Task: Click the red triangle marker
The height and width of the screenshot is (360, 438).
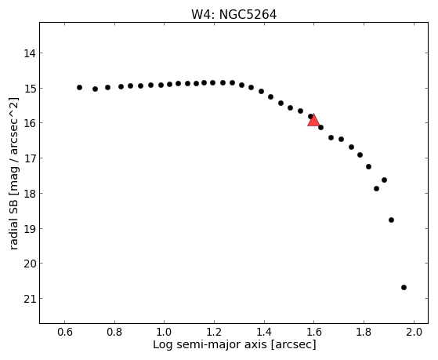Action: tap(313, 121)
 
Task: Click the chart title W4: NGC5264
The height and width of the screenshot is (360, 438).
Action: tap(233, 15)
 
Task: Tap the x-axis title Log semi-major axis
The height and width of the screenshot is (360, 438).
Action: tap(210, 344)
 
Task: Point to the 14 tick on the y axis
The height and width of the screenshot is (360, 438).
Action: tap(29, 53)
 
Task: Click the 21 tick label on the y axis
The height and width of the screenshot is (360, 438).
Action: tap(29, 299)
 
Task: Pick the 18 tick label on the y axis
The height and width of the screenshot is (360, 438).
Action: tap(29, 194)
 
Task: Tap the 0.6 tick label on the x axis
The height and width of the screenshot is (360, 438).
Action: tap(65, 333)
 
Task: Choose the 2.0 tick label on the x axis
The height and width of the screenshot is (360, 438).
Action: tap(414, 333)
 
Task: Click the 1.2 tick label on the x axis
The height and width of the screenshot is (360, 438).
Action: tap(214, 333)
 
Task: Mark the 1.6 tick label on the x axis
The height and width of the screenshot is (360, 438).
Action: tap(314, 333)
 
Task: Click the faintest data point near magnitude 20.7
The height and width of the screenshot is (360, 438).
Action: tap(404, 287)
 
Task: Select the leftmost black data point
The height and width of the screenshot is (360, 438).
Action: tap(79, 88)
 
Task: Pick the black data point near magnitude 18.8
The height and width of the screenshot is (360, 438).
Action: tap(391, 220)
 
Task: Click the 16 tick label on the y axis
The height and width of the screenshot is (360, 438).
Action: tap(29, 123)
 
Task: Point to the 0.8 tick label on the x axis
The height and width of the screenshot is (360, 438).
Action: tap(114, 333)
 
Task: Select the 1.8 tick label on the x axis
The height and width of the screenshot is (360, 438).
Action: tap(364, 333)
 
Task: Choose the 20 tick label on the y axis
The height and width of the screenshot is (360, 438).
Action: tap(29, 264)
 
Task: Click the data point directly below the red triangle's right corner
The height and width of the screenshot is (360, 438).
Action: tap(320, 128)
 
